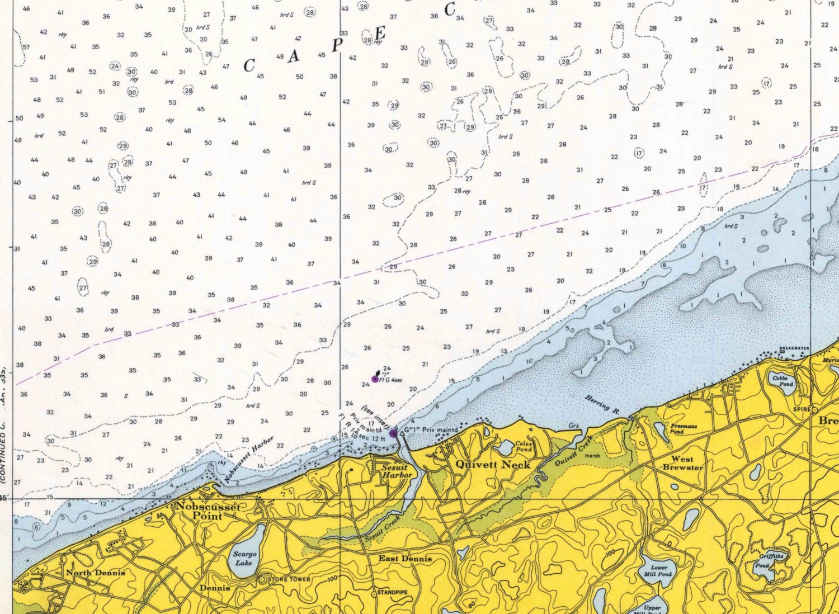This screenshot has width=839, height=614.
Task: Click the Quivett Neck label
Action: click(x=492, y=464)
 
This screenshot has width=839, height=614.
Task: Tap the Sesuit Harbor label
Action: click(x=397, y=471)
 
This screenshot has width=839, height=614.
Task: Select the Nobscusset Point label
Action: click(x=208, y=511)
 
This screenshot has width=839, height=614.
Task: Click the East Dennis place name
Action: click(x=405, y=558)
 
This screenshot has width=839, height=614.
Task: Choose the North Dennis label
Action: click(x=96, y=572)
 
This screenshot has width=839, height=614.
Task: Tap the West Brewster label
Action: click(x=682, y=463)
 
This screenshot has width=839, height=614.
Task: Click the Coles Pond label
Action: click(x=524, y=446)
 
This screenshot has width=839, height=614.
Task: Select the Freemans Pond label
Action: click(x=684, y=428)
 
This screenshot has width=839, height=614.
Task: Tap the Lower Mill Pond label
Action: click(x=658, y=570)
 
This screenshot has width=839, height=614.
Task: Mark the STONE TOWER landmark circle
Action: click(x=262, y=580)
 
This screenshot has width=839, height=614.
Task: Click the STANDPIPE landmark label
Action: click(x=393, y=592)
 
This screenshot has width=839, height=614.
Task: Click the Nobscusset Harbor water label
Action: click(x=249, y=460)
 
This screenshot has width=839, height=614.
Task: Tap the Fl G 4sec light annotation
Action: click(x=391, y=380)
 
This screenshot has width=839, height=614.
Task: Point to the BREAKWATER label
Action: click(x=794, y=348)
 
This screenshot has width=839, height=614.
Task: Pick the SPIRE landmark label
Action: click(x=802, y=409)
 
